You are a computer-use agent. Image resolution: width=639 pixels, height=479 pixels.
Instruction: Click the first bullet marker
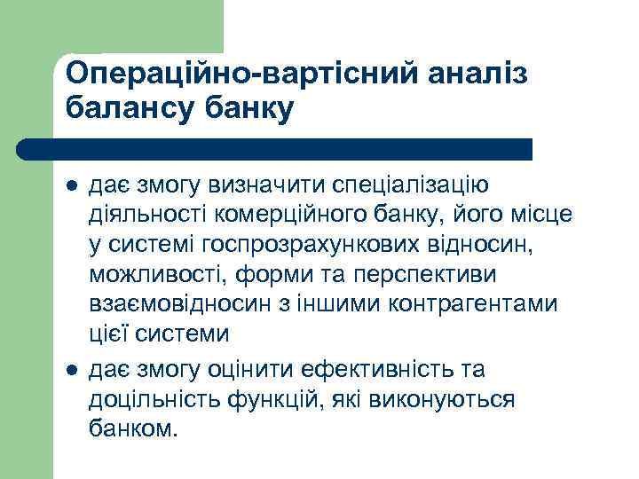pyautogui.click(x=72, y=187)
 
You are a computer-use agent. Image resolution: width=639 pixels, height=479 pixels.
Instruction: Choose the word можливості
pyautogui.click(x=156, y=275)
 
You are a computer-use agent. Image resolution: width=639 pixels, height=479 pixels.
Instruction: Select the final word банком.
pyautogui.click(x=132, y=429)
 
